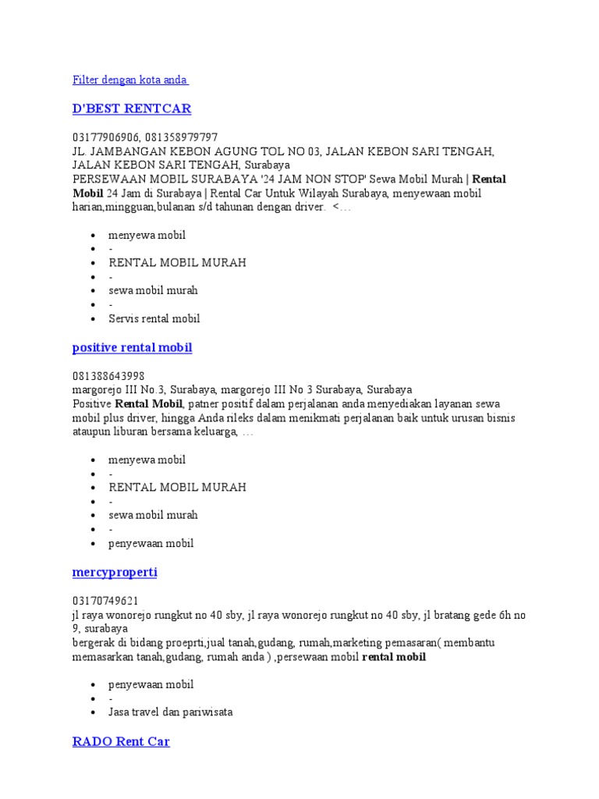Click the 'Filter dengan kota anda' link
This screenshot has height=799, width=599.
[x=129, y=80]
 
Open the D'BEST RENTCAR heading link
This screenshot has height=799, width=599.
[x=131, y=108]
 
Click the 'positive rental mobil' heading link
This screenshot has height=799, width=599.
[x=132, y=347]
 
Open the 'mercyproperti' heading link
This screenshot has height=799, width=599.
[x=115, y=572]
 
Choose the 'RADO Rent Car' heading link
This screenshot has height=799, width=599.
[x=121, y=740]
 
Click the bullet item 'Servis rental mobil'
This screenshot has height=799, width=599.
[x=154, y=318]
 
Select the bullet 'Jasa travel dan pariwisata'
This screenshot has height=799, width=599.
[x=170, y=712]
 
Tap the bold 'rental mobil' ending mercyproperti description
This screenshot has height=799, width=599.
[x=394, y=656]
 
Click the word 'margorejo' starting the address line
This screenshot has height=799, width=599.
[x=97, y=389]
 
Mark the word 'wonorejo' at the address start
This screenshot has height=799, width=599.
[x=126, y=615]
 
